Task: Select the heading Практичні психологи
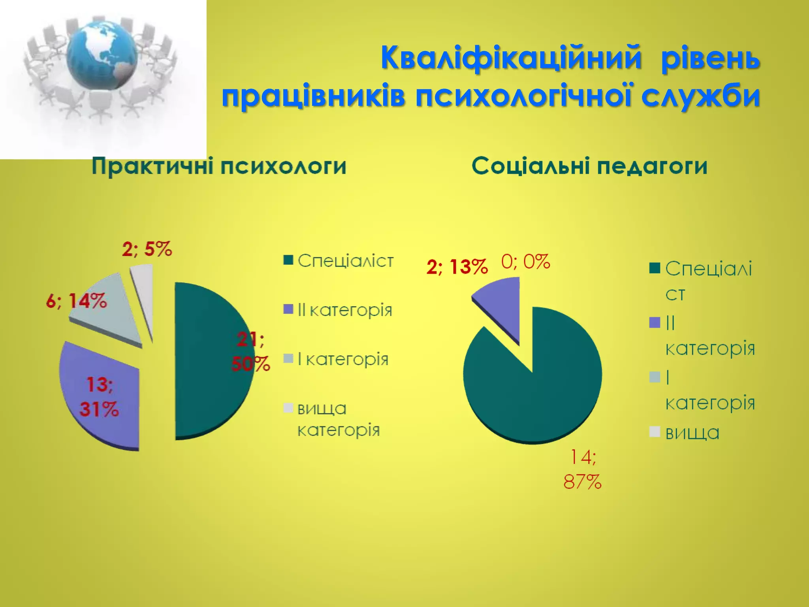coord(219,166)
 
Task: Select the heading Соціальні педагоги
coord(589,166)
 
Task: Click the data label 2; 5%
coord(147,249)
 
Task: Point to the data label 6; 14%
coord(77,302)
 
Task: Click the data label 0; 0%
coord(525,262)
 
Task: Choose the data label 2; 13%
coord(457,267)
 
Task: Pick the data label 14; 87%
coord(582,470)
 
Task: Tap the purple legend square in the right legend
coord(655,322)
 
